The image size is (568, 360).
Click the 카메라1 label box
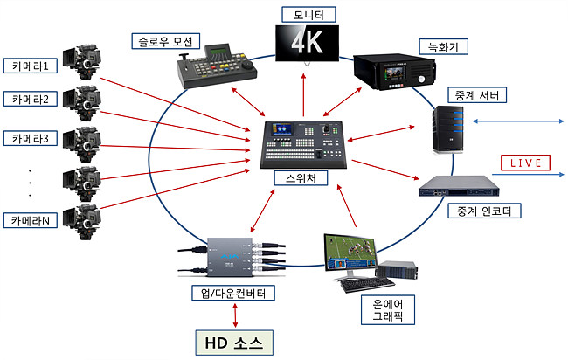(x=33, y=65)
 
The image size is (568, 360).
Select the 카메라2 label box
(x=33, y=99)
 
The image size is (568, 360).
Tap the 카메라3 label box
(x=33, y=138)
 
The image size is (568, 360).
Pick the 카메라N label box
(x=33, y=220)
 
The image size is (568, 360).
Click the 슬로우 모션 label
(x=167, y=41)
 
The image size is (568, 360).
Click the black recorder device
(x=391, y=70)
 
